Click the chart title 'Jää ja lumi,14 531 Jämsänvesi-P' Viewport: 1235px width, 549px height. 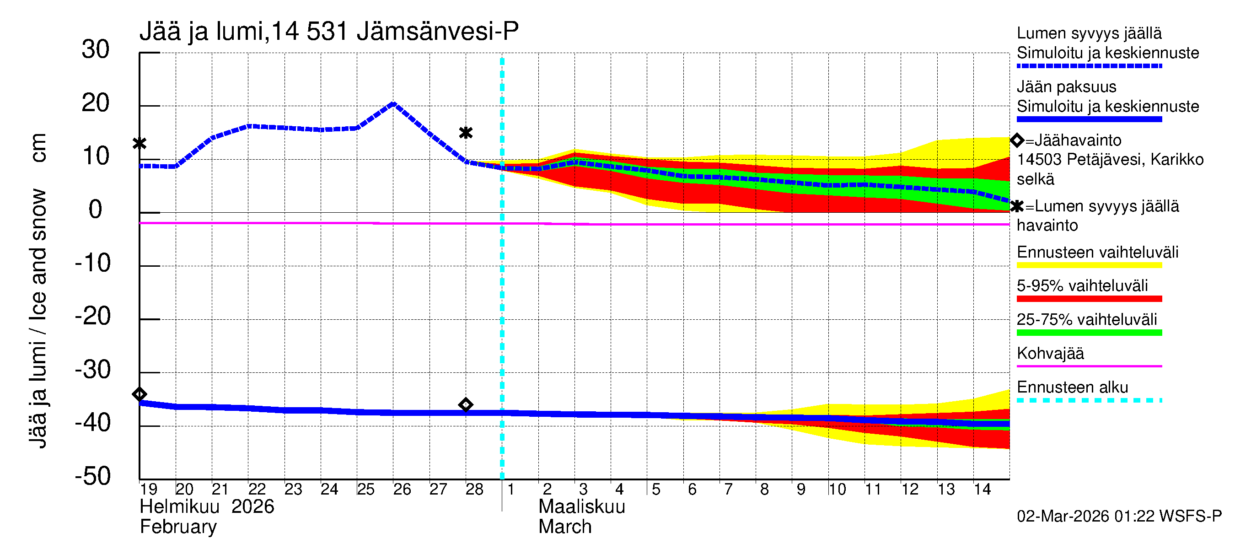[x=329, y=32]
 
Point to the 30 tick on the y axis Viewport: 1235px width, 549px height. [x=96, y=49]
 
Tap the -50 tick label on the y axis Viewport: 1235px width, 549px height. [x=92, y=476]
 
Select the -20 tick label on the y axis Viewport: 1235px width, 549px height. [x=92, y=317]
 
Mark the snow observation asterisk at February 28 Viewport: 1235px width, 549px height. [x=466, y=133]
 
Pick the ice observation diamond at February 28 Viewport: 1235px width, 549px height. [x=466, y=405]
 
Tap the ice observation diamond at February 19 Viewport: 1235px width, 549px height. [x=140, y=394]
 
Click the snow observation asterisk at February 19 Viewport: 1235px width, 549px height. [x=140, y=143]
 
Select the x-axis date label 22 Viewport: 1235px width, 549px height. [x=257, y=490]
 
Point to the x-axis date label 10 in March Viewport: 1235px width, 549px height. [x=837, y=490]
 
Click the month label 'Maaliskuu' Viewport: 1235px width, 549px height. [x=581, y=507]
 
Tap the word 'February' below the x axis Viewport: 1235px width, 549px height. [x=178, y=527]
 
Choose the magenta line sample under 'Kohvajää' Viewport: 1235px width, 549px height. [x=1089, y=366]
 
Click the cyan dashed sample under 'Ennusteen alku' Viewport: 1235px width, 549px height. [x=1089, y=400]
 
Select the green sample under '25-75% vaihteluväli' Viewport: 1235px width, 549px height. [x=1089, y=333]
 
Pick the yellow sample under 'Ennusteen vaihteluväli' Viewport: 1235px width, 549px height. [x=1089, y=265]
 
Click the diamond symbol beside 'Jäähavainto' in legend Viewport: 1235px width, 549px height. [x=1017, y=140]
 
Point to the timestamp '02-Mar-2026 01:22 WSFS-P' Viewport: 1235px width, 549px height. [x=1119, y=517]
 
